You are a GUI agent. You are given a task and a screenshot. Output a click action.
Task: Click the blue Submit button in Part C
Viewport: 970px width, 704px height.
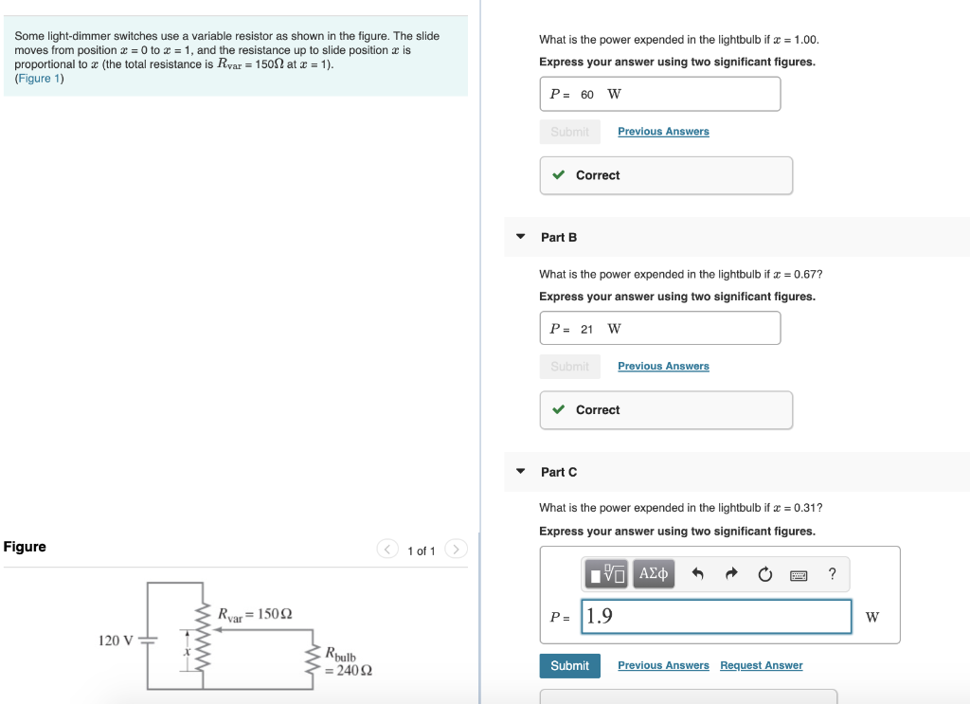(569, 666)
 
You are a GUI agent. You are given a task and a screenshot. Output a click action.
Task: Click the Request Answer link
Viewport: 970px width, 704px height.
(761, 666)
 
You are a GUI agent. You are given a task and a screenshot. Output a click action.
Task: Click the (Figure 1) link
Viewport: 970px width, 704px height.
(40, 79)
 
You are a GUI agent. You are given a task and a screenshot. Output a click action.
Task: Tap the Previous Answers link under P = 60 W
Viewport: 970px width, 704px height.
(663, 132)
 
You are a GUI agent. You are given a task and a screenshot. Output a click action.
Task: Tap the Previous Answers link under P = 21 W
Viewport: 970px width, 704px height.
(663, 367)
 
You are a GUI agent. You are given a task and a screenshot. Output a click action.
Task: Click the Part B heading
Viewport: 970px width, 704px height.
(559, 238)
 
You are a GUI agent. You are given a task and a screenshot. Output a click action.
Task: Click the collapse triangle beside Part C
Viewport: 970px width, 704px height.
(520, 472)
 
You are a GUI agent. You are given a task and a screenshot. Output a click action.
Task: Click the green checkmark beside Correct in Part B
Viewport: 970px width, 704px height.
(559, 410)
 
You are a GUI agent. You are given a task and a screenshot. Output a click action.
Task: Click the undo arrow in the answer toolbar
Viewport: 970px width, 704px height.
(698, 574)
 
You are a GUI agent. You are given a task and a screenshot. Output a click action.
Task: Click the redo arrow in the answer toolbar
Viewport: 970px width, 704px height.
(730, 574)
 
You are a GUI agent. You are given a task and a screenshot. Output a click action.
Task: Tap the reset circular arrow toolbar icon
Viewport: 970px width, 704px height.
(764, 574)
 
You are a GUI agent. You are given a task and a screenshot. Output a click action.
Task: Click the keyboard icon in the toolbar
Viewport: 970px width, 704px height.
(799, 574)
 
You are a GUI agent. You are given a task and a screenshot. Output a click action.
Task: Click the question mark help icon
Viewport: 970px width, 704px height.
(832, 574)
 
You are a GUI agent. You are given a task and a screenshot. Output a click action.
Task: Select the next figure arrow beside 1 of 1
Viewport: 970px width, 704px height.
(457, 550)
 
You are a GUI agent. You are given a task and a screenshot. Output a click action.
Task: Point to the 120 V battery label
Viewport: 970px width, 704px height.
(117, 641)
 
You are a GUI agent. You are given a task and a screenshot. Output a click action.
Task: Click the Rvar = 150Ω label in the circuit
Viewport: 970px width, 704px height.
(255, 614)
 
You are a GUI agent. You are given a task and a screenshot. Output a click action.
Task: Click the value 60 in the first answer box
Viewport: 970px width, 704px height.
(587, 95)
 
